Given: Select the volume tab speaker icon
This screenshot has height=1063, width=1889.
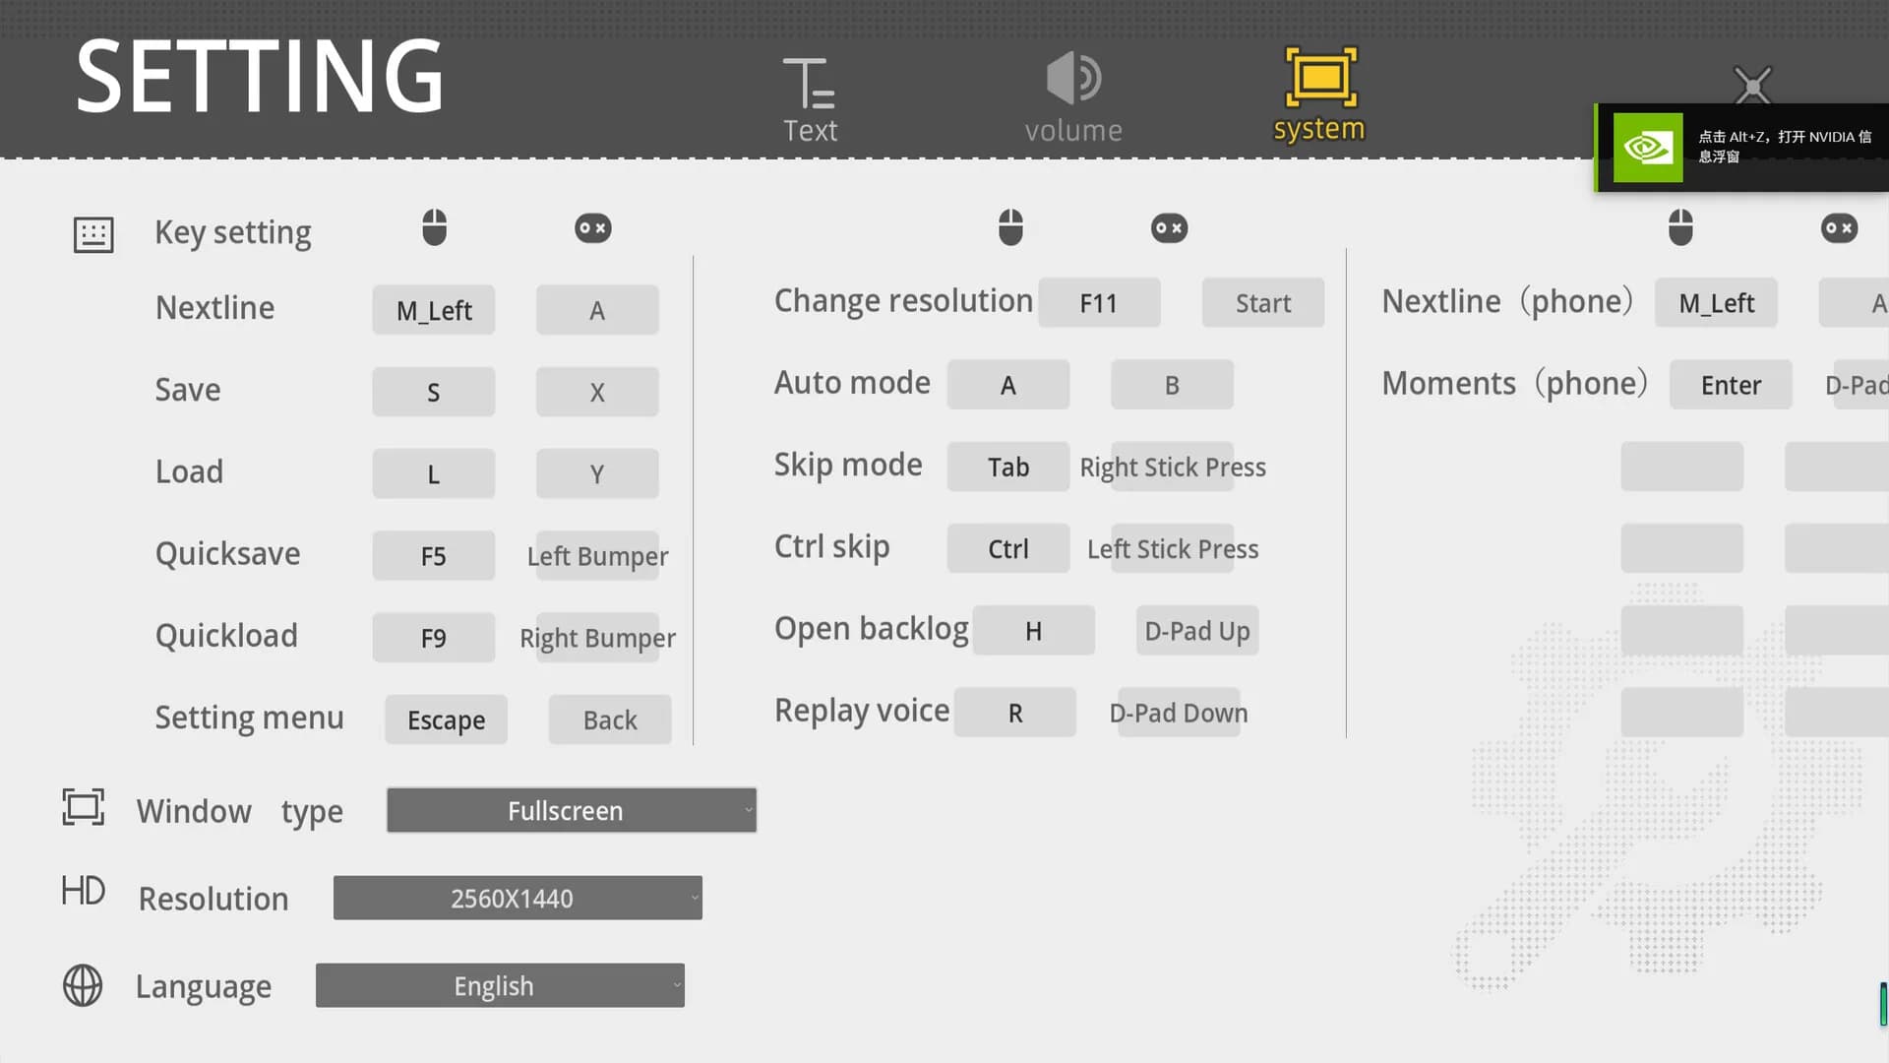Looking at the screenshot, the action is (1072, 78).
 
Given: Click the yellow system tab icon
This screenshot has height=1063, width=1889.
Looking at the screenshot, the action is (1320, 77).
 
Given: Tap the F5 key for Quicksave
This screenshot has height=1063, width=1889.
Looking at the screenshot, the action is (433, 556).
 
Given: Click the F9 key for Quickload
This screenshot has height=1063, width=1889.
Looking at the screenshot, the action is (433, 638).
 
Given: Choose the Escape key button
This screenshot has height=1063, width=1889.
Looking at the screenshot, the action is (446, 719).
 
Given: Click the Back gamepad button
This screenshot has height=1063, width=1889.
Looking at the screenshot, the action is (610, 719).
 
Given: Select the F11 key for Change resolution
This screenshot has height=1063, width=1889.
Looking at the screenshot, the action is (1099, 303).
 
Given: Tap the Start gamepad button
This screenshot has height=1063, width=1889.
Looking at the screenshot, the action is (1263, 303).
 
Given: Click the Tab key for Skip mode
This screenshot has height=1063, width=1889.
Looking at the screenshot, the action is (1008, 467).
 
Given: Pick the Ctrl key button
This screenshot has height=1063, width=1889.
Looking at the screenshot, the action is (1008, 548).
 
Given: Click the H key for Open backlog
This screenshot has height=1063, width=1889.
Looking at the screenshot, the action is (1033, 631).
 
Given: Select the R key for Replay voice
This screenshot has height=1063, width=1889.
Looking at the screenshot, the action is (1015, 713).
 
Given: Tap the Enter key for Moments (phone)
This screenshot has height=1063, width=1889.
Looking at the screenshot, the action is (1731, 385).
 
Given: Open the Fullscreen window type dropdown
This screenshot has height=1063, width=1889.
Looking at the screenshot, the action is (572, 810).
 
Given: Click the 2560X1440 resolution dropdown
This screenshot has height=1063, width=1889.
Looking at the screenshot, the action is (518, 898).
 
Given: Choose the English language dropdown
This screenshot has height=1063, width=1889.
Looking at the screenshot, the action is (500, 985).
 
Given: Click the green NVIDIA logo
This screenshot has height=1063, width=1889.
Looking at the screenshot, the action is (1648, 148).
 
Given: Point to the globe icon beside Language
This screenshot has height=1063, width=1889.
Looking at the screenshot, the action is (83, 985).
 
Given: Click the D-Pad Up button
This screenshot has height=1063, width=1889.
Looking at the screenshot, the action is (1197, 631).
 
